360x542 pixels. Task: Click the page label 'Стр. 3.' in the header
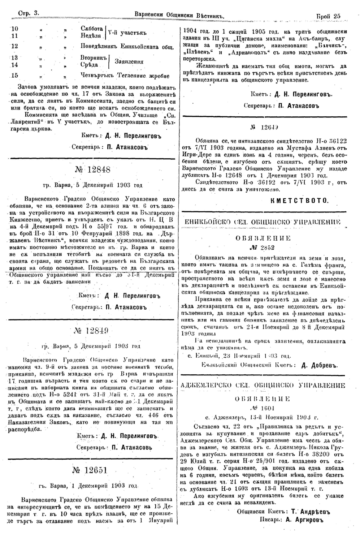[x=29, y=14]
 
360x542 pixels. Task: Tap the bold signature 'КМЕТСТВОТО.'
[x=300, y=200]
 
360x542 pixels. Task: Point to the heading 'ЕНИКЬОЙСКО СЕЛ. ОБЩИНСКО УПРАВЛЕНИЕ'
[x=263, y=222]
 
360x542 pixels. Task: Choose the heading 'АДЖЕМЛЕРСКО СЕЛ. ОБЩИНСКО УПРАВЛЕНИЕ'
[x=263, y=385]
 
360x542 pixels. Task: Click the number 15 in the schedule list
[x=15, y=76]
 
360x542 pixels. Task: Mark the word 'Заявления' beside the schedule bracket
[x=129, y=61]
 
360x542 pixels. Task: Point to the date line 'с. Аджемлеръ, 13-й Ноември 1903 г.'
[x=263, y=418]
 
